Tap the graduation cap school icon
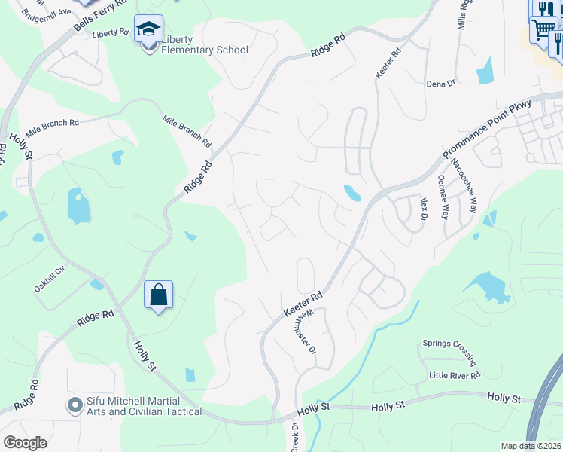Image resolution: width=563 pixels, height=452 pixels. (148, 31)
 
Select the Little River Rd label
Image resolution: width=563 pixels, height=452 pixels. (454, 375)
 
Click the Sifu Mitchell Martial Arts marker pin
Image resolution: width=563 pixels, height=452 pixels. (75, 405)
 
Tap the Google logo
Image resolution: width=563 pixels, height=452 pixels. (26, 443)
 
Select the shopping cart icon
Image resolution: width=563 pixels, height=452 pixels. (541, 30)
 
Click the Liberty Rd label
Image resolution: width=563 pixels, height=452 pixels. (111, 34)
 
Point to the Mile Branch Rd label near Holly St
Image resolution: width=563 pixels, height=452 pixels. (52, 123)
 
